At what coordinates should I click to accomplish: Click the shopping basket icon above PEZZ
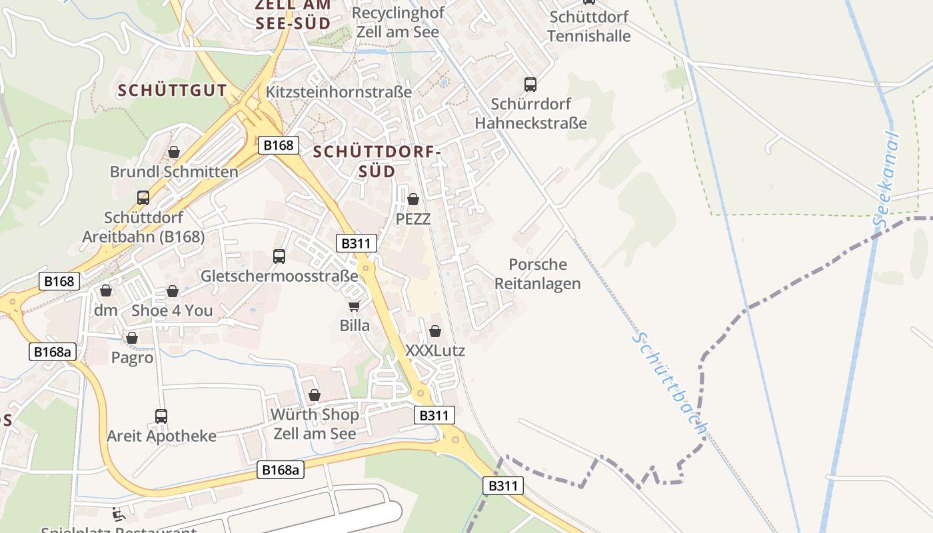click(413, 199)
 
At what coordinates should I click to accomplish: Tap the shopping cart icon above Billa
click(354, 306)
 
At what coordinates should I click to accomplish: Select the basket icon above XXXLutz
click(435, 331)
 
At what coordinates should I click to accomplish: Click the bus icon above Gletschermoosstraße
click(279, 256)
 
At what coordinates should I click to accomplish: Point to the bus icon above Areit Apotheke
click(161, 416)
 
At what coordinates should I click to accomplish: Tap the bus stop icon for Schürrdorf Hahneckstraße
click(530, 85)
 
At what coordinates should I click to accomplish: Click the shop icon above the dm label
click(106, 290)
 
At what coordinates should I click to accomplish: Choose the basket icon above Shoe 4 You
click(173, 291)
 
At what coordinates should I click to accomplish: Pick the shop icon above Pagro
click(132, 338)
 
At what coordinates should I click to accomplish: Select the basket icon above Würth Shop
click(315, 395)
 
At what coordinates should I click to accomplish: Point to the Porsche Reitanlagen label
click(538, 274)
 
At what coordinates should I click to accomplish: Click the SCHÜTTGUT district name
click(173, 91)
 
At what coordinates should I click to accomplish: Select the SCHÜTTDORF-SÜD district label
click(377, 161)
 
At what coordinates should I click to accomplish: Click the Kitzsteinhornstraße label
click(339, 92)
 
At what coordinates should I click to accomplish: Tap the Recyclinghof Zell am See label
click(397, 22)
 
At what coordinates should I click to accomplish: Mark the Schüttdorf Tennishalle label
click(588, 26)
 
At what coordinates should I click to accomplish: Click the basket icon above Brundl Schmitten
click(174, 153)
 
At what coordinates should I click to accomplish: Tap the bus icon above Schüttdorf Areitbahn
click(143, 198)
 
